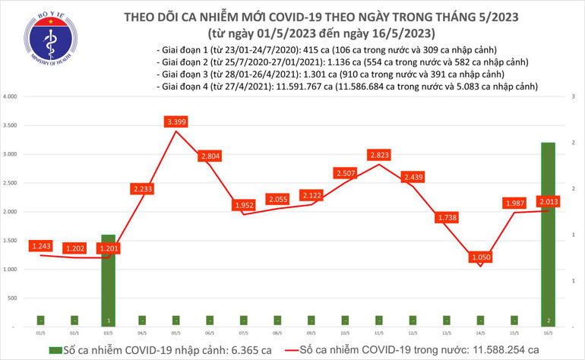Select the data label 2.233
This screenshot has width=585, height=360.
(142, 188)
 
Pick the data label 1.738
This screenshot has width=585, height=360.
(447, 218)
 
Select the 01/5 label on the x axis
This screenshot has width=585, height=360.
(39, 333)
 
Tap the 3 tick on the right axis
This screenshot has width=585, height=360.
(573, 97)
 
